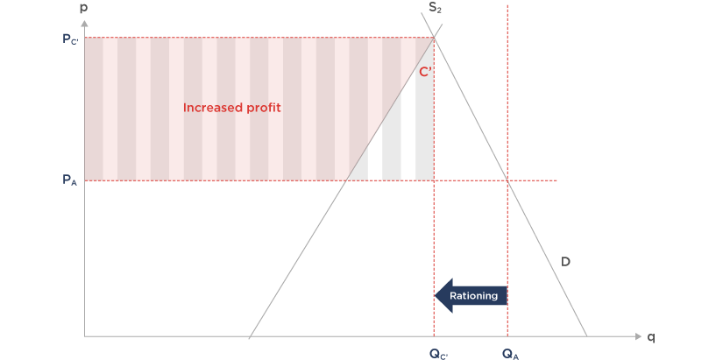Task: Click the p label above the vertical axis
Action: tap(84, 8)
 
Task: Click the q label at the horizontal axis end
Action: tap(651, 336)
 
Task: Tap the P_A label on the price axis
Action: tap(69, 180)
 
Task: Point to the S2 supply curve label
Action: tap(435, 8)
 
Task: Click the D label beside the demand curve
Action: tap(566, 260)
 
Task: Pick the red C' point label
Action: tap(424, 72)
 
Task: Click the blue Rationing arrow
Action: tap(471, 296)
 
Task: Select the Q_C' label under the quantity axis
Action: tap(437, 353)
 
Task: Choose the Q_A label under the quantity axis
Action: tap(510, 353)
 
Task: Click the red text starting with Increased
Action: tap(225, 108)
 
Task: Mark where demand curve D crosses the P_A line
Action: tap(507, 180)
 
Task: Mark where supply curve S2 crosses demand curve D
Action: tap(435, 35)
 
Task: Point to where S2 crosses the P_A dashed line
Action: tap(348, 180)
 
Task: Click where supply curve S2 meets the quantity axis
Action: tap(250, 336)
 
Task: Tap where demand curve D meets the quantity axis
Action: tap(585, 336)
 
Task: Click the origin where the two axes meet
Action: tap(84, 336)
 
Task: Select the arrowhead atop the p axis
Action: tap(84, 21)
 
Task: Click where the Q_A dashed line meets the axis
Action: tap(507, 336)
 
